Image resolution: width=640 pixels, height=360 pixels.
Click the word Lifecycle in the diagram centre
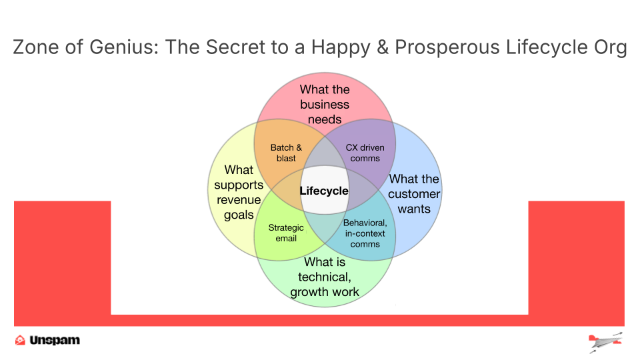click(x=324, y=191)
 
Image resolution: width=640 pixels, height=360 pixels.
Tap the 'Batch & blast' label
click(x=286, y=153)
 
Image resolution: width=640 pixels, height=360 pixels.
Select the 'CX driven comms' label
click(x=365, y=153)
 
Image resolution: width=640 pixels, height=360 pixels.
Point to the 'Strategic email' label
click(x=286, y=233)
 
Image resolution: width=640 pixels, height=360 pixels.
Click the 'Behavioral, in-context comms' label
click(x=365, y=233)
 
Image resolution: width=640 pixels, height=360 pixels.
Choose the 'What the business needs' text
click(x=325, y=105)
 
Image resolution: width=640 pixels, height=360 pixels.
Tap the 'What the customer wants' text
click(x=414, y=194)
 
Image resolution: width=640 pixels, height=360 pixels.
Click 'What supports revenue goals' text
click(x=239, y=192)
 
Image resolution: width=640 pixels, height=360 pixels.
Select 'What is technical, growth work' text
click(x=325, y=277)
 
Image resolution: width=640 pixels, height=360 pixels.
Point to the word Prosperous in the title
click(x=447, y=48)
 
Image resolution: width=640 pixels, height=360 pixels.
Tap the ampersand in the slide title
click(x=383, y=47)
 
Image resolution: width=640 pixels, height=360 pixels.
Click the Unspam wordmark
click(x=55, y=340)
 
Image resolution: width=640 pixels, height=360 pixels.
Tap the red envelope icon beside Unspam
click(x=20, y=340)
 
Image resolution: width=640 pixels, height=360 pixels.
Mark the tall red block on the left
click(x=63, y=263)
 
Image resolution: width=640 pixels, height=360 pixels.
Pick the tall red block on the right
click(x=576, y=263)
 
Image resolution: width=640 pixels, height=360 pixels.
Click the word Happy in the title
click(x=341, y=48)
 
